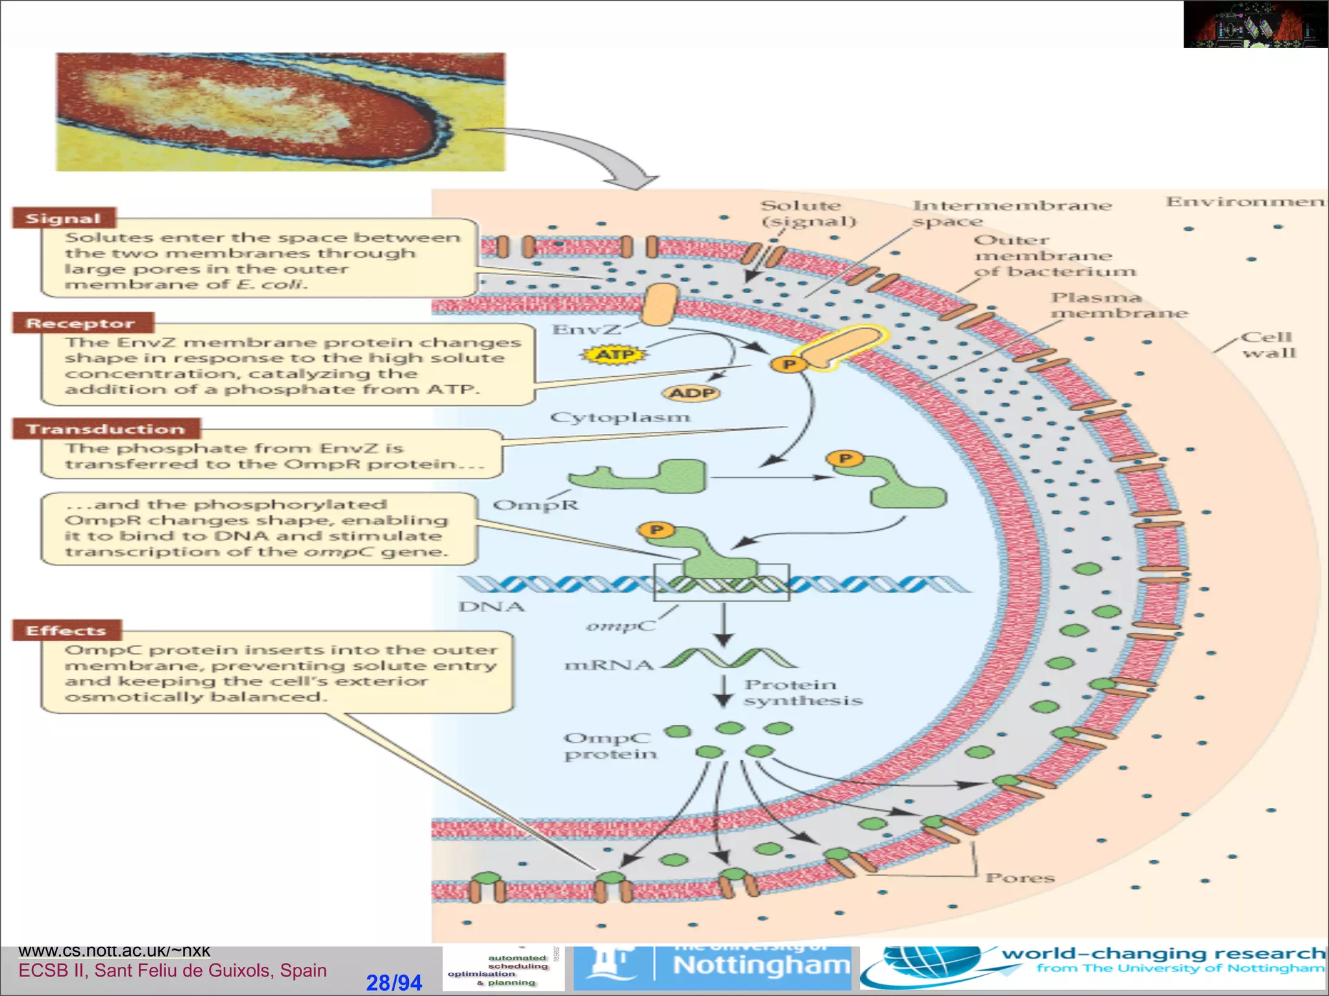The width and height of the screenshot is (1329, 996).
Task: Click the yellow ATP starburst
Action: (613, 355)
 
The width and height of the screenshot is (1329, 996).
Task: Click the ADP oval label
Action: (692, 393)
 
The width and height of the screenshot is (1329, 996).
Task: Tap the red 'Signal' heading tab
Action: (64, 219)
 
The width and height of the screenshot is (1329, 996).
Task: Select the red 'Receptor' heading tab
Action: (82, 323)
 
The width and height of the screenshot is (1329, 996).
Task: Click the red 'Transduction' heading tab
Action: (106, 429)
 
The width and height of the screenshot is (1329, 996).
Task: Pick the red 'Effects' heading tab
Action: (66, 630)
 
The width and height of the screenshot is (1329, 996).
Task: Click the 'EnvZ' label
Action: (585, 330)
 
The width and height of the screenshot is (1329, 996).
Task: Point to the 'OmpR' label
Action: (535, 504)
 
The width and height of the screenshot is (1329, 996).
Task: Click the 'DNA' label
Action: (491, 607)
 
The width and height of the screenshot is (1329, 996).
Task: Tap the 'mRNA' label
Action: (609, 665)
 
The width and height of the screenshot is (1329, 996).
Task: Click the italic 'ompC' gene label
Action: (620, 626)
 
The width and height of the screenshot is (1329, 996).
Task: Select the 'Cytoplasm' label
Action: (620, 417)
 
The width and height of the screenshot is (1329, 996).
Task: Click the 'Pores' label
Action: (1019, 877)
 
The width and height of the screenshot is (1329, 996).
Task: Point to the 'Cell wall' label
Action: (1268, 345)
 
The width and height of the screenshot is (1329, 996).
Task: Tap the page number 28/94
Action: (394, 982)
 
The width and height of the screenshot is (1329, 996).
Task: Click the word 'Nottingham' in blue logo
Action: (761, 966)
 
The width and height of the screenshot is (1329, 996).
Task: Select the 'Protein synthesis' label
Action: (802, 693)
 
